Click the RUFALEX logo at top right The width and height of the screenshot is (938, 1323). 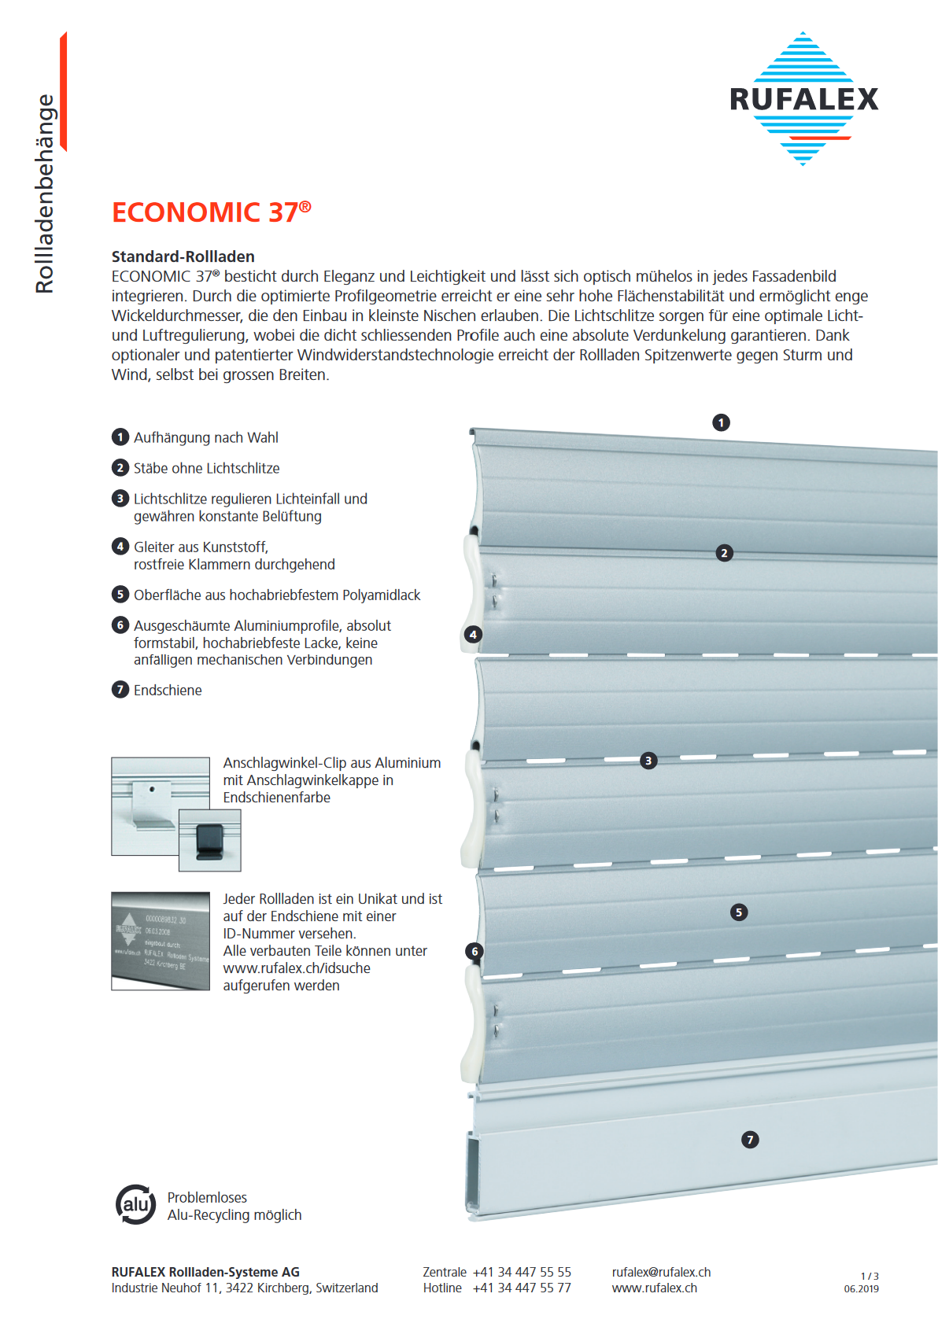[803, 99]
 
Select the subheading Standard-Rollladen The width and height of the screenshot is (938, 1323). [183, 256]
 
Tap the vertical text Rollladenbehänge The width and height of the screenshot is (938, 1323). [45, 193]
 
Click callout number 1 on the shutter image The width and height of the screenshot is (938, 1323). [721, 422]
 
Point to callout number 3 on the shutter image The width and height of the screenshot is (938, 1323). [648, 761]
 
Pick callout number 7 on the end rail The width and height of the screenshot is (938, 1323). [750, 1140]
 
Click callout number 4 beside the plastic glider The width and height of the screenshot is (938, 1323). [473, 634]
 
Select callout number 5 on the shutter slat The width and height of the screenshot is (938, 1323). [738, 912]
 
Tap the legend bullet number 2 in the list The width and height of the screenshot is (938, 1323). [120, 468]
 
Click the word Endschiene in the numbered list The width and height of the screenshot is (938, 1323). [168, 691]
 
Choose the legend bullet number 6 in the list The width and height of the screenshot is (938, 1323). [120, 625]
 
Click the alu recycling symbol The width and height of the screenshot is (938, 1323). [135, 1204]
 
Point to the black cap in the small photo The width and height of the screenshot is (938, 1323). [209, 841]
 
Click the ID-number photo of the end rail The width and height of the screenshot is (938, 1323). [161, 941]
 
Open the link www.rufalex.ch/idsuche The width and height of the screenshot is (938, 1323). [297, 968]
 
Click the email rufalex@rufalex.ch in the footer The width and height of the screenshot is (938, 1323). [661, 1273]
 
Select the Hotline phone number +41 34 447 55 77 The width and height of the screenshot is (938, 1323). [522, 1288]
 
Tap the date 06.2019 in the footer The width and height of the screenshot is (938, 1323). [861, 1289]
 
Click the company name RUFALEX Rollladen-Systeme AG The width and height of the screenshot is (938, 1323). [205, 1273]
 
